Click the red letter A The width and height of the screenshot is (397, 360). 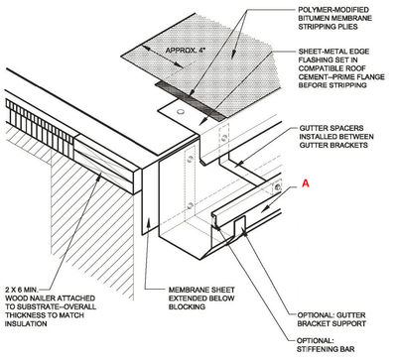coord(306,182)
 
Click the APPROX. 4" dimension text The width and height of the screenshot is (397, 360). coord(188,51)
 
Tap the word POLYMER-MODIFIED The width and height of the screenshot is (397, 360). coord(333,10)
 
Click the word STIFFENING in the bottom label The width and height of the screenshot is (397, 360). coord(314,349)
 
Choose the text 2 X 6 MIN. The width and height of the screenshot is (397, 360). coord(22,290)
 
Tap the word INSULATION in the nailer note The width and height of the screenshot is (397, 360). coord(26,324)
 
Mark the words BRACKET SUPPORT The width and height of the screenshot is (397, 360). coord(331,323)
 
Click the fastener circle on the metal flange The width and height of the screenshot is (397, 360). coord(181,112)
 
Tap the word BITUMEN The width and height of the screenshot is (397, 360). coord(314,18)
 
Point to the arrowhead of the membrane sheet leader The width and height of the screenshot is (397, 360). coord(149,221)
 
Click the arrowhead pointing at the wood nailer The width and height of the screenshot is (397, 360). coord(99,177)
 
